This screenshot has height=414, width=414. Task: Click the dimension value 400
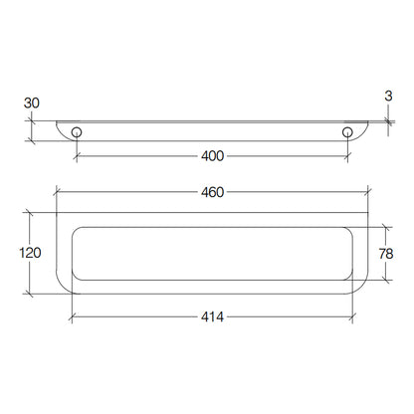pos(212,156)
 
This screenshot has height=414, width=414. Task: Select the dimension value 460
pos(212,192)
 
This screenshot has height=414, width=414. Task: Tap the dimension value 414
pos(212,316)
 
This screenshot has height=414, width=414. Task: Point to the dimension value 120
pos(30,253)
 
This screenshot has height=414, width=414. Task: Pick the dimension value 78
pos(386,254)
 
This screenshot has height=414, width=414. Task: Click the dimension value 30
pos(32,103)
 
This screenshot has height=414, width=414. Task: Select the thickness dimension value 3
pos(388,96)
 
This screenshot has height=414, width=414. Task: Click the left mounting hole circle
pos(77,132)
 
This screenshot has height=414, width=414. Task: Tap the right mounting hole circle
pos(347,132)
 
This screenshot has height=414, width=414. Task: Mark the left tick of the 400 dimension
pos(77,156)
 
